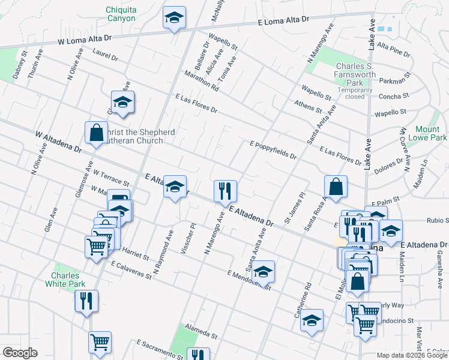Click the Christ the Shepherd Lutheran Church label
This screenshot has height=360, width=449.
(135, 136)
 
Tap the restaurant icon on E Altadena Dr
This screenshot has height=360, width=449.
(226, 191)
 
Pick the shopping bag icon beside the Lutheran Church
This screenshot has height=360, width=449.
(96, 133)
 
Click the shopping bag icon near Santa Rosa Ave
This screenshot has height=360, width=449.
(336, 186)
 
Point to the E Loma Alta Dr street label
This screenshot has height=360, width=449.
(283, 20)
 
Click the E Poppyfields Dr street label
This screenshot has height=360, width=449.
(273, 150)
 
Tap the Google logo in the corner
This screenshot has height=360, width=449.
(20, 353)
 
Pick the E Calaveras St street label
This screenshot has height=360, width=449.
(131, 269)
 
